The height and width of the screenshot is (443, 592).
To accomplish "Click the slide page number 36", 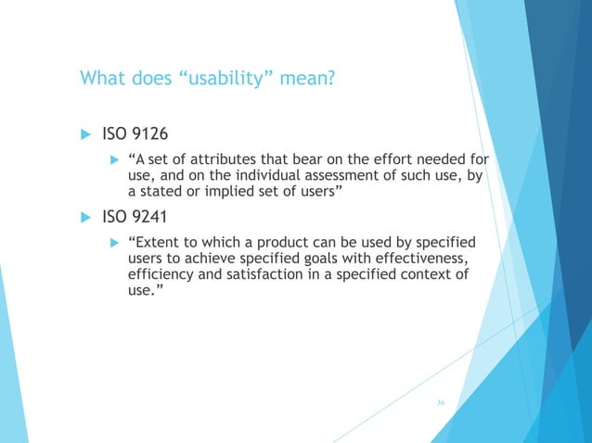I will tap(442, 402).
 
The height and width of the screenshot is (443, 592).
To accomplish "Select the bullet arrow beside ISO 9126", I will tap(84, 136).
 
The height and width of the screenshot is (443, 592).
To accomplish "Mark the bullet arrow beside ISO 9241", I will tap(84, 220).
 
